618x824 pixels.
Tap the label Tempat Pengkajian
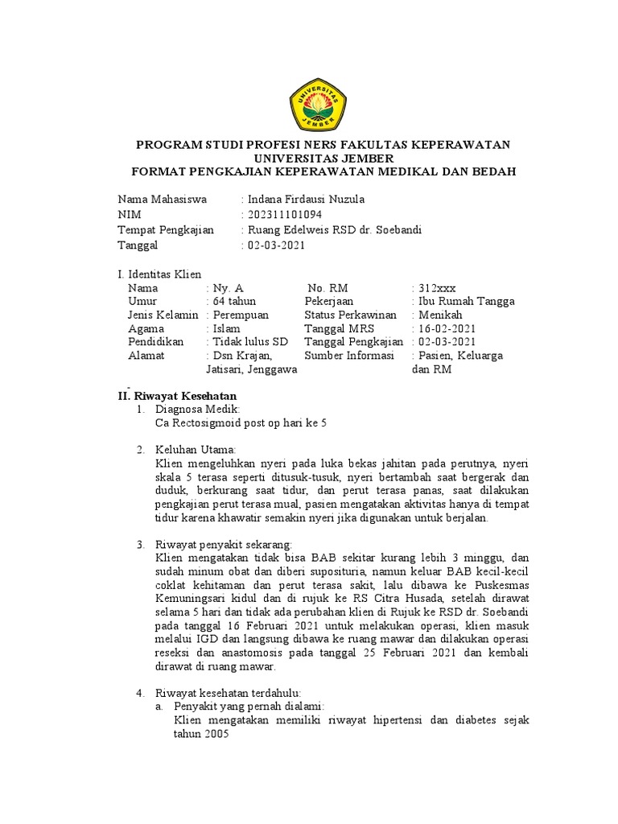[x=166, y=230]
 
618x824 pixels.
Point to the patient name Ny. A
[x=228, y=288]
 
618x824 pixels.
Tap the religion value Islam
[x=225, y=328]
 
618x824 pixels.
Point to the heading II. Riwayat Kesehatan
[x=173, y=396]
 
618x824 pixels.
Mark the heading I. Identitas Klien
[x=159, y=274]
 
